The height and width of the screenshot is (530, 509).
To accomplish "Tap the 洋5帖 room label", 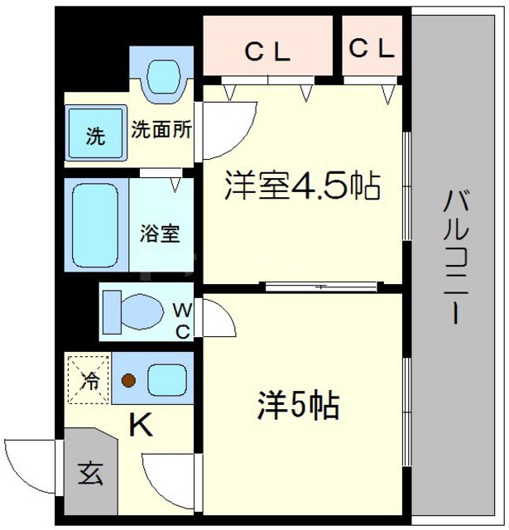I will (x=297, y=406).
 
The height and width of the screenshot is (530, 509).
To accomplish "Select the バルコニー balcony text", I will (x=454, y=257).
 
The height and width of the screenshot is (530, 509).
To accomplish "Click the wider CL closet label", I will (x=267, y=52).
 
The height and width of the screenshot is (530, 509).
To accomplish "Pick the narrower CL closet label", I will (x=372, y=50).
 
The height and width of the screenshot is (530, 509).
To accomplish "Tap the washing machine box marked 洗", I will (x=96, y=136).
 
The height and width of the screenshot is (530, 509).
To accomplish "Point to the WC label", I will (x=182, y=320).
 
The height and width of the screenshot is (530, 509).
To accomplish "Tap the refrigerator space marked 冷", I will (x=88, y=380).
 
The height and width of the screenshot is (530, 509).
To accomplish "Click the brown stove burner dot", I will (x=128, y=381).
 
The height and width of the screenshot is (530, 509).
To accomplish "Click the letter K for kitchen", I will (x=142, y=426).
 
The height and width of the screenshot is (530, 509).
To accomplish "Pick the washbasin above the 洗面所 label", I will (x=163, y=75).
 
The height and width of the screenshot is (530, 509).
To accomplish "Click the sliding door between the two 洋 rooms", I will (x=322, y=287).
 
